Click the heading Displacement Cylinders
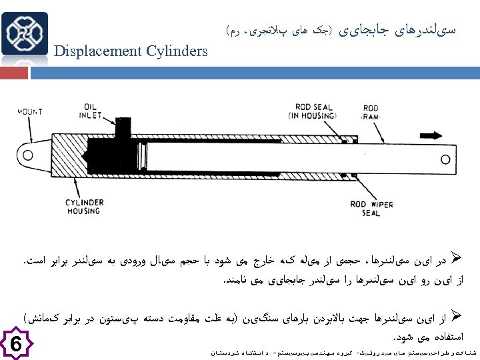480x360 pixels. [x=130, y=51]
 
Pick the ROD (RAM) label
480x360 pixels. [x=371, y=112]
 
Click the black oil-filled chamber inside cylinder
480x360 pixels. [x=127, y=157]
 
